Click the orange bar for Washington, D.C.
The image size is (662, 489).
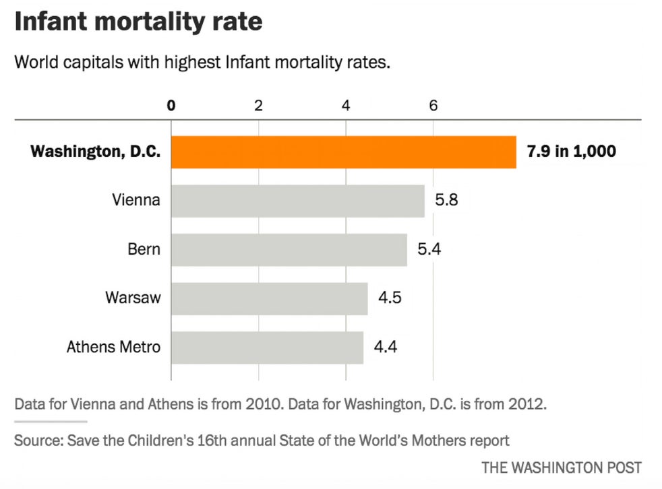343,152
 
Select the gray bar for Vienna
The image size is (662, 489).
297,201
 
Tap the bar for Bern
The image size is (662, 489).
289,250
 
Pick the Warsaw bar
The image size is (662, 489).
269,298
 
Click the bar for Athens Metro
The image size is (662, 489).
267,348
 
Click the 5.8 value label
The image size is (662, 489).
447,201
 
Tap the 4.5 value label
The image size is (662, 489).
390,298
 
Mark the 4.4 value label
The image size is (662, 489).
386,348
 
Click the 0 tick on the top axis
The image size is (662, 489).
171,105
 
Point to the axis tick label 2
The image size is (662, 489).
258,105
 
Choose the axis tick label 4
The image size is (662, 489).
346,105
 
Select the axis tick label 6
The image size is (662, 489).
433,105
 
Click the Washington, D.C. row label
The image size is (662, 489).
95,152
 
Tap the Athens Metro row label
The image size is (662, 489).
114,348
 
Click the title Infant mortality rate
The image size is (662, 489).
138,22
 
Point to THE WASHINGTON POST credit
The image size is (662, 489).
562,467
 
